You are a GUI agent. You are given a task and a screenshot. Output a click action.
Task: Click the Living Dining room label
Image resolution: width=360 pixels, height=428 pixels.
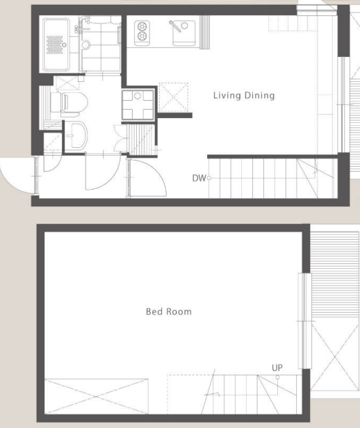[244, 96]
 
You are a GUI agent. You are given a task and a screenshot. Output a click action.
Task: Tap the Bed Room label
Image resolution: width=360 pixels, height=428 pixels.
[169, 311]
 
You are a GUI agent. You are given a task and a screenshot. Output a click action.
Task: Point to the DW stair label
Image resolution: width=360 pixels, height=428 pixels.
[199, 179]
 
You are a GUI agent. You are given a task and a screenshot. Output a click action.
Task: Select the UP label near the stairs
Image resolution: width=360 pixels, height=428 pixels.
[277, 368]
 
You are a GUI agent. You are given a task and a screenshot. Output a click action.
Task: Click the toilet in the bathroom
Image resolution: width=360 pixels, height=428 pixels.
[69, 104]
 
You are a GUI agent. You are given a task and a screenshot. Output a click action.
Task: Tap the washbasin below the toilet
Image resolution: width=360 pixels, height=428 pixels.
[76, 136]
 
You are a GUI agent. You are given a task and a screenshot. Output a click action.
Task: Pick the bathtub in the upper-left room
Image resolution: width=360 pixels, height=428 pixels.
[56, 44]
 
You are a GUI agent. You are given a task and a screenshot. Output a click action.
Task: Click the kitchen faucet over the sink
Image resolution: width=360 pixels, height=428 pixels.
[175, 26]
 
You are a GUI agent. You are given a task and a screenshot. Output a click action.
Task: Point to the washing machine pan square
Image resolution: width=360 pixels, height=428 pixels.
[138, 104]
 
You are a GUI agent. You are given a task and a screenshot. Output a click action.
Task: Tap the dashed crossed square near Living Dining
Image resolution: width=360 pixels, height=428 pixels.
[173, 97]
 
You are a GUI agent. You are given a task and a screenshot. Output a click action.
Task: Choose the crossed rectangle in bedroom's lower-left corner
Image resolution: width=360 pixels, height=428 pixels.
[97, 396]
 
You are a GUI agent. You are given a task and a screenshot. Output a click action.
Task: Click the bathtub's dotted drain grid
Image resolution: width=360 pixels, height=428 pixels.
[54, 44]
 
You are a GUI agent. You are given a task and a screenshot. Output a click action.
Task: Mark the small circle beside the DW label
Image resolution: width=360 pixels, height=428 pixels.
[208, 179]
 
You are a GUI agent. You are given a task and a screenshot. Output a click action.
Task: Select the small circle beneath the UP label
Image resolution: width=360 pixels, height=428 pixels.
[277, 377]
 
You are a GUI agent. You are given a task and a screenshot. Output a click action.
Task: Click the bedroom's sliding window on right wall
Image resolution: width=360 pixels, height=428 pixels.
[304, 321]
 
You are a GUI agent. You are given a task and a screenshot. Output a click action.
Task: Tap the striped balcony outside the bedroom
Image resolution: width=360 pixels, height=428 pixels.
[335, 275]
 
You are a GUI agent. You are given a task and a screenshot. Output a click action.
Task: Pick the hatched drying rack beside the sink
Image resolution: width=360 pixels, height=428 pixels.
[204, 32]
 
